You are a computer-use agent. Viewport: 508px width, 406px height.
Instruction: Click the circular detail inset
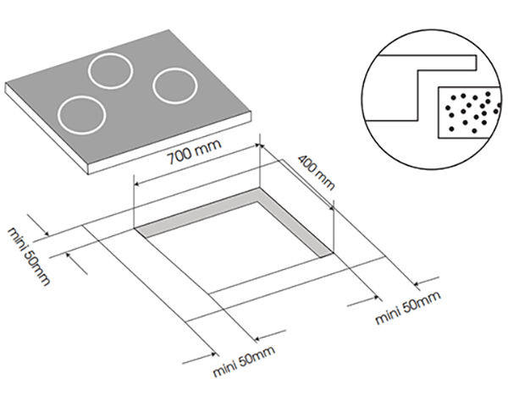coord(430,92)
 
